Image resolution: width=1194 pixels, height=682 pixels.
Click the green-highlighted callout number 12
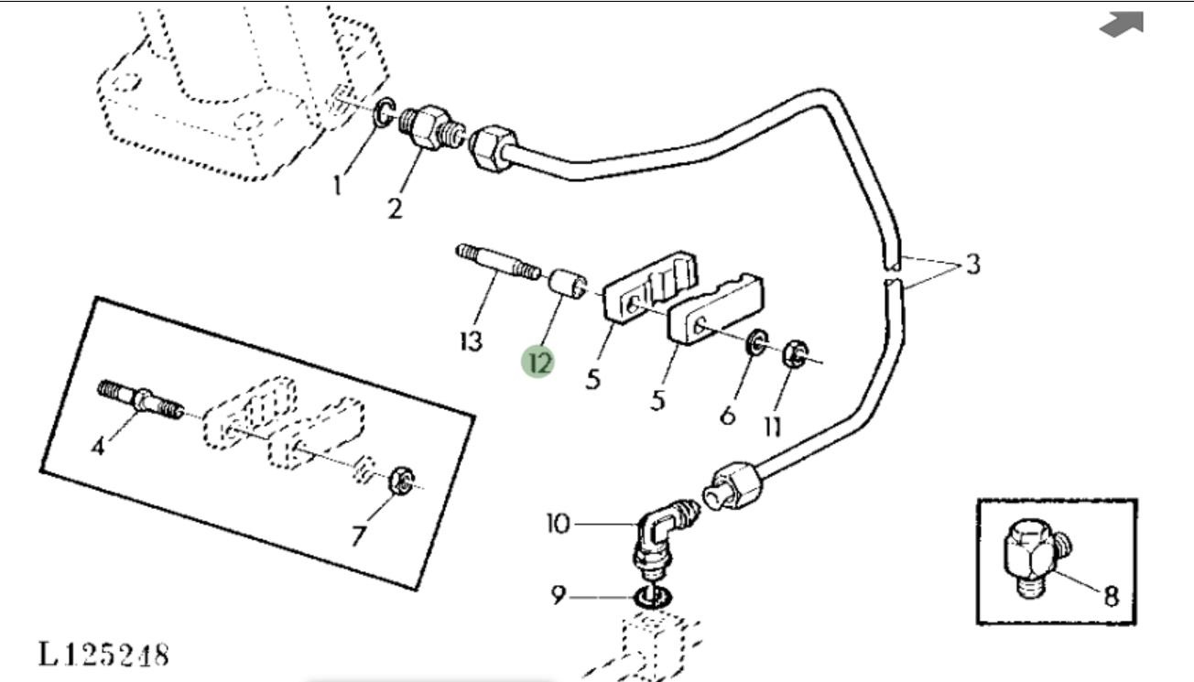538,363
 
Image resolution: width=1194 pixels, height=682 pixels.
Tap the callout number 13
472,341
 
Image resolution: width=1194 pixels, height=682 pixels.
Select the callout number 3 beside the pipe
973,265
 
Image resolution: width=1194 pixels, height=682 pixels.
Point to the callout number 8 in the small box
1111,596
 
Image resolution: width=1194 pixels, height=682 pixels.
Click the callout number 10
559,524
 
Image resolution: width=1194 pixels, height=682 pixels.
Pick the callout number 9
558,595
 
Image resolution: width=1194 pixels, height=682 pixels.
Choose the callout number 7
359,536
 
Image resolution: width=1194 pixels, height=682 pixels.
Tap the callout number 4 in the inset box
98,446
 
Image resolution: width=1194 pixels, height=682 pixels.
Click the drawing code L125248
103,655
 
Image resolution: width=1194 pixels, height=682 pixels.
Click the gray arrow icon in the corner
1122,25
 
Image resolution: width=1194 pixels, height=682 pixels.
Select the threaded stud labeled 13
497,262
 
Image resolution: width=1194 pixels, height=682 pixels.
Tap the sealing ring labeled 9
654,596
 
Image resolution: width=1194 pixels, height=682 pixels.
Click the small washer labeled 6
757,343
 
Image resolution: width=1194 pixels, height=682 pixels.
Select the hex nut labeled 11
794,353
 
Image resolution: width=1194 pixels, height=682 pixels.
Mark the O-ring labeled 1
384,113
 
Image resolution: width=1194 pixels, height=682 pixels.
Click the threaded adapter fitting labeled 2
432,128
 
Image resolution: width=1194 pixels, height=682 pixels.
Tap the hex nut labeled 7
403,481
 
